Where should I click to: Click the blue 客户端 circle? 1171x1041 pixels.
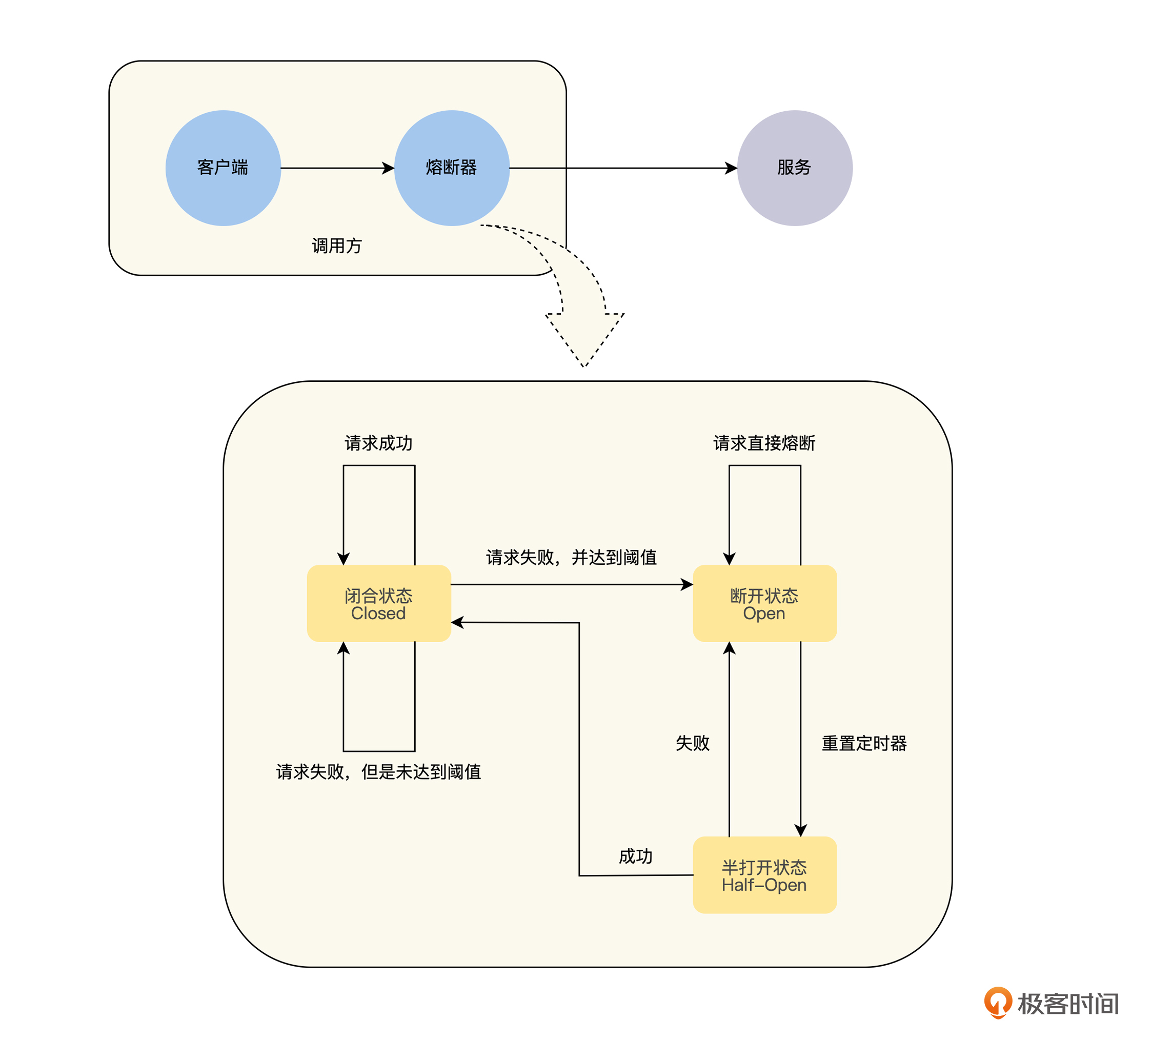[223, 168]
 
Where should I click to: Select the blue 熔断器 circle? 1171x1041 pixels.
[452, 168]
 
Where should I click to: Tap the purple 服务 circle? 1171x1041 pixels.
[794, 168]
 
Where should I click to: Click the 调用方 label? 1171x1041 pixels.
[337, 246]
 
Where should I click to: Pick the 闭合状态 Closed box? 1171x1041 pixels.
[379, 603]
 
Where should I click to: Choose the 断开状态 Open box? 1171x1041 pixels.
[764, 603]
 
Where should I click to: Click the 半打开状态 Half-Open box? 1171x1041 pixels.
[764, 875]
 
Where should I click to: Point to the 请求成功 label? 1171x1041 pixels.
[379, 443]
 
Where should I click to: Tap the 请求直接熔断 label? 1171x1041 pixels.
[764, 443]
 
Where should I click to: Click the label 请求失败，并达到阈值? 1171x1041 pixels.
[571, 557]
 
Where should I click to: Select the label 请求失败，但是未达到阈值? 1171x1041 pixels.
[379, 771]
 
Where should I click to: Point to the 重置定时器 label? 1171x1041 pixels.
[864, 743]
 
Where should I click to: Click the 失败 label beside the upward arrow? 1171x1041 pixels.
[692, 743]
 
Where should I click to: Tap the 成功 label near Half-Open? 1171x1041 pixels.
[635, 856]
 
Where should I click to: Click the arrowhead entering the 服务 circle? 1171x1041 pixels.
[731, 168]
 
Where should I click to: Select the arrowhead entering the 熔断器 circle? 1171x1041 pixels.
[389, 168]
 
